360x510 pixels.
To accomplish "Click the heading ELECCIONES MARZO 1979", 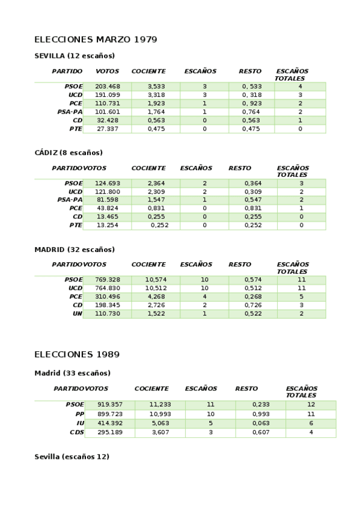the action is point(96,40).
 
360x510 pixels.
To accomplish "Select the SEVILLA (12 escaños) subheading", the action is point(75,56).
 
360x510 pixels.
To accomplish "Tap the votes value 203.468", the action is point(108,87).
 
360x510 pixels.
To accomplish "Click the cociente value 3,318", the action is point(156,95).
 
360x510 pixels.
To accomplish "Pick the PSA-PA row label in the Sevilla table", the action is point(70,112).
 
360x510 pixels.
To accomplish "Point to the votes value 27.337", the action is point(108,129).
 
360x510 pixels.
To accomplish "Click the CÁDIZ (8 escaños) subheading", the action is point(69,153).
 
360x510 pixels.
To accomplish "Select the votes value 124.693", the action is point(108,183).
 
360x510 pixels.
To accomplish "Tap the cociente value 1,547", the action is point(156,200).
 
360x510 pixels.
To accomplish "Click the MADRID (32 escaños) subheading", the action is point(75,250).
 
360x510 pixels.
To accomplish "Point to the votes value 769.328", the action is point(108,280).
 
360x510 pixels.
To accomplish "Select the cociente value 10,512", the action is point(156,288).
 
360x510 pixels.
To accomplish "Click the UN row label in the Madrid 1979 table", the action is point(78,314).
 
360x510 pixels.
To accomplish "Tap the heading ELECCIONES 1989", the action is point(73,354).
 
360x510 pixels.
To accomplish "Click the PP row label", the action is point(80,414).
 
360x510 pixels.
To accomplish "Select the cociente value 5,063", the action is point(160,423).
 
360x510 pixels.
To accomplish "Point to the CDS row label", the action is point(77,432).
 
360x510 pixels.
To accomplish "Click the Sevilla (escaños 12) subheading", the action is point(72,457).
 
